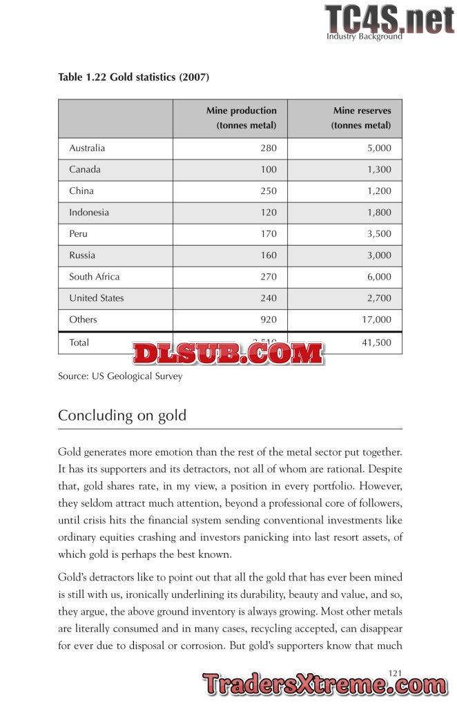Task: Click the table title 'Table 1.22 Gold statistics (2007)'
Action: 133,77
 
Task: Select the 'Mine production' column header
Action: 241,118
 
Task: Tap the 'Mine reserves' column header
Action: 361,118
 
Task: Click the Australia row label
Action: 87,148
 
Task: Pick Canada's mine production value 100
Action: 269,170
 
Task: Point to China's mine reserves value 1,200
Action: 379,191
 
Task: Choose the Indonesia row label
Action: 89,213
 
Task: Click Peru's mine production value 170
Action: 269,234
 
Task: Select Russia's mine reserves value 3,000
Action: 379,255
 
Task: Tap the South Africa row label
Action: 94,277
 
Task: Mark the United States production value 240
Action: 269,298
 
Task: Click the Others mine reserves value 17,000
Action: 376,320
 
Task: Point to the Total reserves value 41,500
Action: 376,342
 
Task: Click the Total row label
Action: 79,342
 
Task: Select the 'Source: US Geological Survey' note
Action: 120,377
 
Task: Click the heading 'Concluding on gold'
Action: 122,416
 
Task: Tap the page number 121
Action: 396,672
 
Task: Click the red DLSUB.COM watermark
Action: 228,353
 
